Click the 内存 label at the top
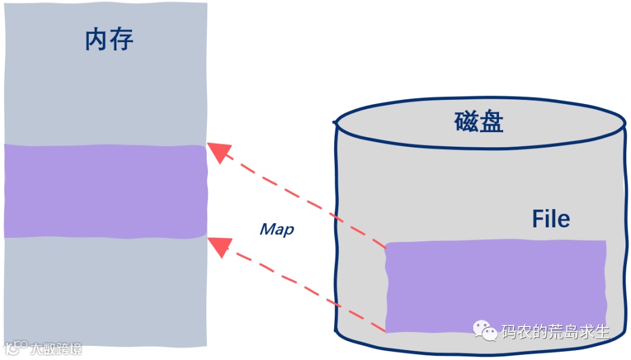click(x=109, y=40)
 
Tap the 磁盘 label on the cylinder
click(x=479, y=122)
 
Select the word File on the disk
click(x=550, y=219)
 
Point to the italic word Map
click(x=277, y=229)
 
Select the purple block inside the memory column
click(x=105, y=191)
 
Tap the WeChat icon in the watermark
click(x=484, y=331)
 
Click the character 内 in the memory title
click(x=96, y=40)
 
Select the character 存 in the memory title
click(x=122, y=40)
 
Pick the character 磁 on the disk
click(x=466, y=122)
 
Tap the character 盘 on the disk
click(x=491, y=122)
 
